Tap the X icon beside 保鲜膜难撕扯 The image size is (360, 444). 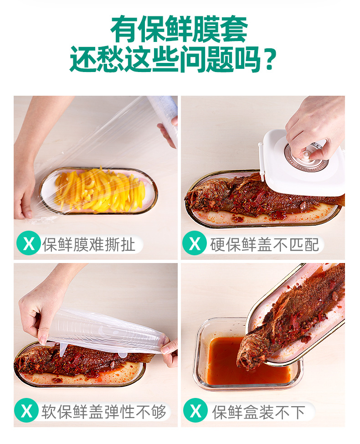29,243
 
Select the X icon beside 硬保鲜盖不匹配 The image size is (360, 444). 195,243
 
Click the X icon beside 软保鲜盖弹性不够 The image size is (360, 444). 26,410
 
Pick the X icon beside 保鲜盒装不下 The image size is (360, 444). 195,410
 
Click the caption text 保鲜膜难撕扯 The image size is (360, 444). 88,244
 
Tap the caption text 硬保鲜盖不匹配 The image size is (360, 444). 264,244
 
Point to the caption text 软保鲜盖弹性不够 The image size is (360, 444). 103,412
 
